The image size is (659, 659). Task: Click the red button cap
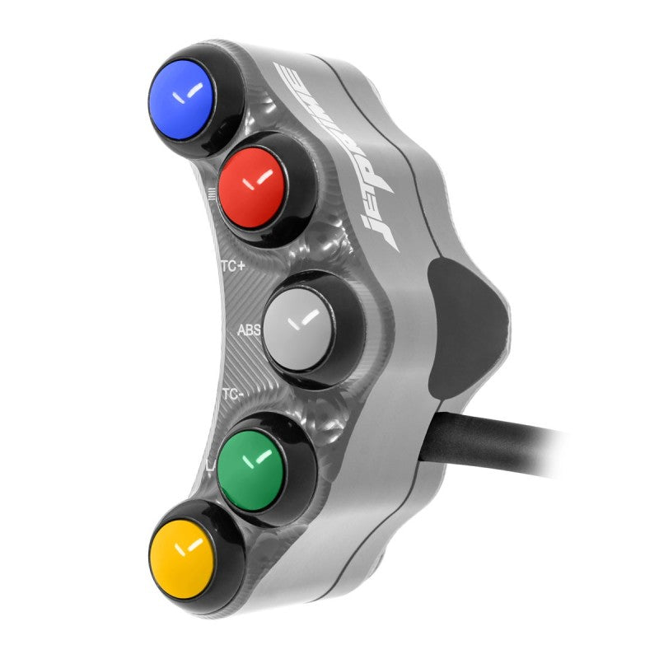tap(252, 188)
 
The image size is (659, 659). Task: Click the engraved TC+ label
tap(232, 266)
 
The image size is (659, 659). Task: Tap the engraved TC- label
tap(232, 395)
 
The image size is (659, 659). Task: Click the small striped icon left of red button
tap(213, 196)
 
